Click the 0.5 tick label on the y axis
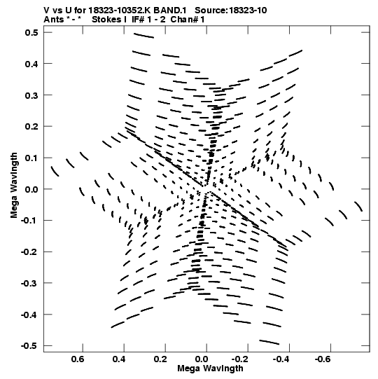[x=31, y=32]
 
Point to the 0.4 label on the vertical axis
[x=31, y=64]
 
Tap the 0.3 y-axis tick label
[x=31, y=95]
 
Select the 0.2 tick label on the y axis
[x=31, y=126]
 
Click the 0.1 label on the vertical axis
[x=31, y=158]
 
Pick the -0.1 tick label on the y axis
[x=29, y=221]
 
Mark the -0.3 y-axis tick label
[x=29, y=283]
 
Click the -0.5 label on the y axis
[x=29, y=345]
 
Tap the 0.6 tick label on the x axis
[x=78, y=359]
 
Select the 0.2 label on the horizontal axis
[x=160, y=359]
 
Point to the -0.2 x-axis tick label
[x=241, y=359]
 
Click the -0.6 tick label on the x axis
[x=323, y=359]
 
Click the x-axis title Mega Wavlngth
[x=210, y=368]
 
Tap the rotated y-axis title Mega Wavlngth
[x=14, y=186]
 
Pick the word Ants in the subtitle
[x=53, y=20]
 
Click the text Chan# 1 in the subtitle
[x=188, y=20]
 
